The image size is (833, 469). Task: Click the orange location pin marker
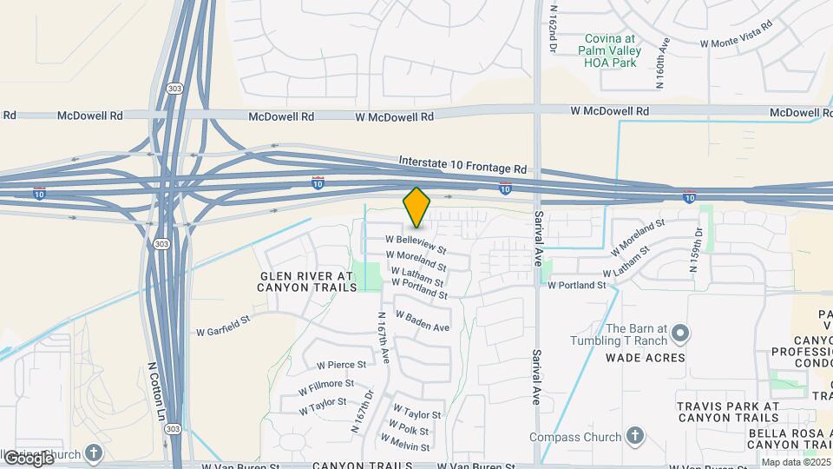click(x=417, y=207)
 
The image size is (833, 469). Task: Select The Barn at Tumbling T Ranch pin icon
click(x=681, y=334)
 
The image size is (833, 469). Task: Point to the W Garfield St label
click(x=223, y=330)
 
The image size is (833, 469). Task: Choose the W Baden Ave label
click(x=423, y=320)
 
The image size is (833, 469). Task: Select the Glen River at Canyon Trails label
click(x=307, y=281)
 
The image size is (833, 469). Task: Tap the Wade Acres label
click(x=646, y=358)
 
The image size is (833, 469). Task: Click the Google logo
click(x=28, y=458)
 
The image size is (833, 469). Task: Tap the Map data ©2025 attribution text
click(x=796, y=462)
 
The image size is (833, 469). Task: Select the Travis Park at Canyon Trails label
click(x=728, y=413)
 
